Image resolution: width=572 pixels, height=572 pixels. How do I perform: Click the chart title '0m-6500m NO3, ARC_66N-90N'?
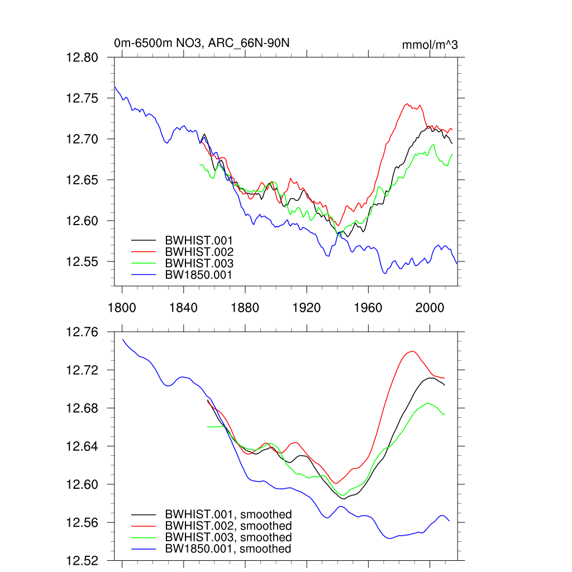(x=201, y=43)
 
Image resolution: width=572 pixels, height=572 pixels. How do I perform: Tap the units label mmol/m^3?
(x=430, y=45)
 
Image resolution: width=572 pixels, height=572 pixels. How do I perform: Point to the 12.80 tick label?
(x=82, y=58)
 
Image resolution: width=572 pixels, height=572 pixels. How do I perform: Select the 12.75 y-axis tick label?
(x=82, y=98)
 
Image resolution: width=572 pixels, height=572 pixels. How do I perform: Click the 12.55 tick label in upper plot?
(x=82, y=262)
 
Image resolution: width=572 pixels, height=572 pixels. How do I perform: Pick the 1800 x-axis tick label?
(x=122, y=307)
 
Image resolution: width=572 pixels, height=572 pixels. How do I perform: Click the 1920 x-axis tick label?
(x=307, y=307)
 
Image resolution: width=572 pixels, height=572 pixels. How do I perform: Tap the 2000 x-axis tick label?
(x=430, y=307)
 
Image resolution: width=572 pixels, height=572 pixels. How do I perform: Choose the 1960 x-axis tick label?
(x=368, y=307)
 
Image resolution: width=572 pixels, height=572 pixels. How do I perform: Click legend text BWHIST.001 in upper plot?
(x=199, y=240)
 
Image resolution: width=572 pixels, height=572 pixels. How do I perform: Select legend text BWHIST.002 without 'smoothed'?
(x=199, y=252)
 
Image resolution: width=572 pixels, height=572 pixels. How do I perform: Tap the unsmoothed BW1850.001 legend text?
(x=198, y=274)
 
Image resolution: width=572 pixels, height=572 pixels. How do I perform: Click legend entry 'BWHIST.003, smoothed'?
(x=228, y=537)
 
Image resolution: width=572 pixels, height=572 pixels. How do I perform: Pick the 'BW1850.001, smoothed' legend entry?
(x=228, y=549)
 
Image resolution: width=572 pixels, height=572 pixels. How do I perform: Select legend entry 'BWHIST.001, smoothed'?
(x=228, y=514)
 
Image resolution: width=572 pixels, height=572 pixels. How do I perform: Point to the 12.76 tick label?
(x=82, y=332)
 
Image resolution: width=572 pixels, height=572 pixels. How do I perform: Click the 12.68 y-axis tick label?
(x=82, y=408)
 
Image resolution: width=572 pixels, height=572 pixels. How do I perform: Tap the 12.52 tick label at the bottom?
(x=82, y=560)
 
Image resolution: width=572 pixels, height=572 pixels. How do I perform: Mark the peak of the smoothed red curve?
(x=412, y=351)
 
